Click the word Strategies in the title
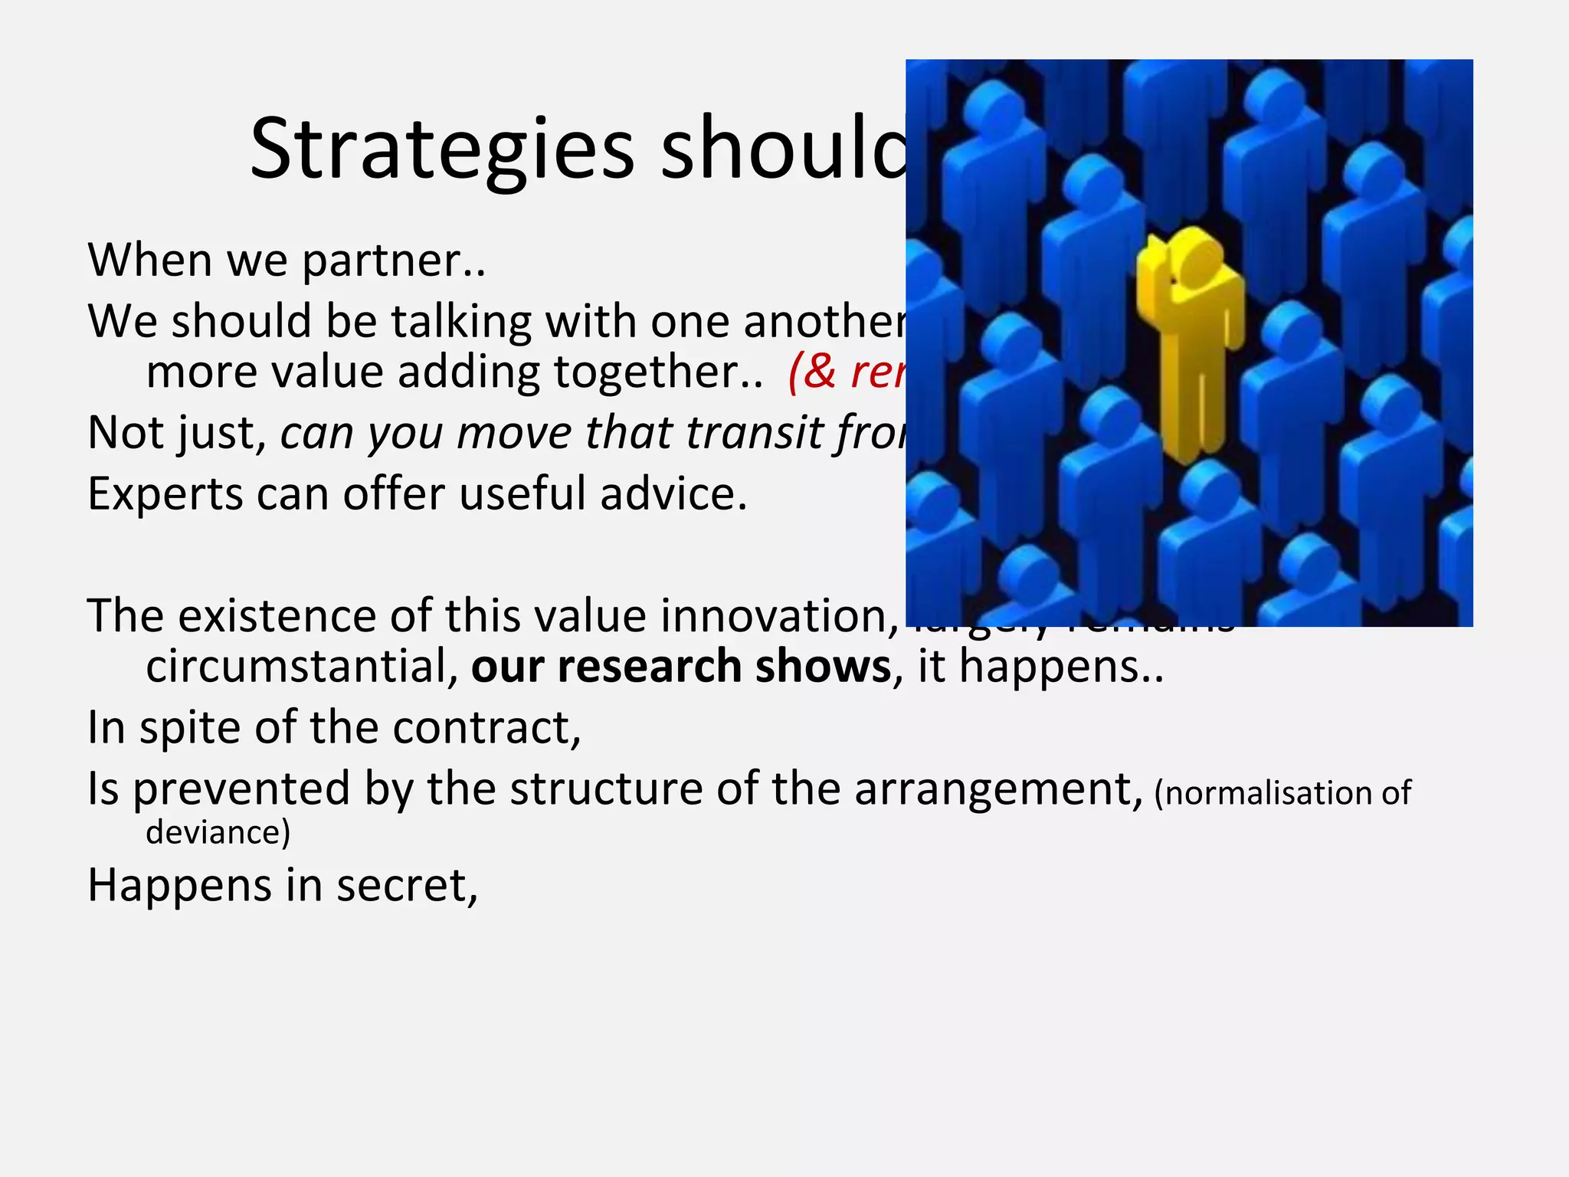442,149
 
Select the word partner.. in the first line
394,261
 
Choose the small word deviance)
218,833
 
